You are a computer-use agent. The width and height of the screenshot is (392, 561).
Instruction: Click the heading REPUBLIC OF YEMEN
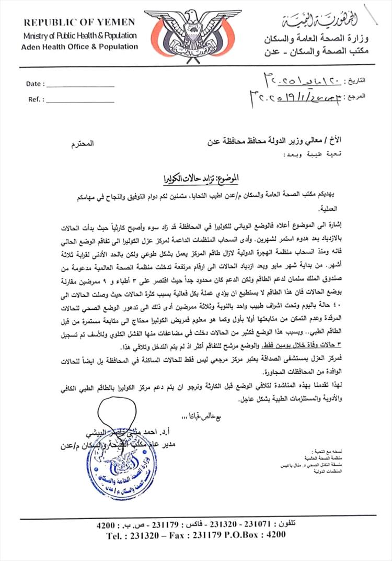point(79,22)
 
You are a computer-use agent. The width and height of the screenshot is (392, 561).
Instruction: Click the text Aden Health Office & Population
point(79,47)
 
